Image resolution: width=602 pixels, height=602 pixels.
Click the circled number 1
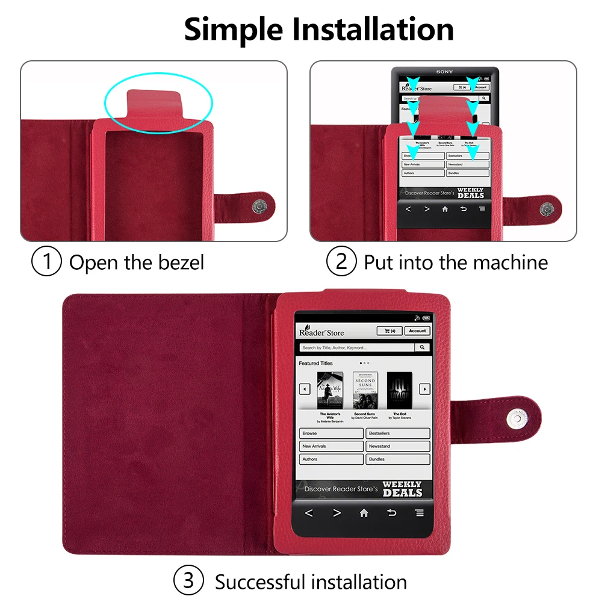click(x=46, y=262)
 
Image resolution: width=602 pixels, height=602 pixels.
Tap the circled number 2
click(x=341, y=262)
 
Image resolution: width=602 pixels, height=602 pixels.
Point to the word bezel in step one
click(x=181, y=262)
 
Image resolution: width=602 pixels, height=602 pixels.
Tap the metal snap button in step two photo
click(x=547, y=208)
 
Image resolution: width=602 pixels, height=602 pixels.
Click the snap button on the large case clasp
click(x=515, y=417)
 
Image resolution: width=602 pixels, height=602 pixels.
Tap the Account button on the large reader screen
click(x=417, y=330)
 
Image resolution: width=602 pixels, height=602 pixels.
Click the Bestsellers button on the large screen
click(x=398, y=433)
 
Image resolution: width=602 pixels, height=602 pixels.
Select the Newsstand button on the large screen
click(x=398, y=446)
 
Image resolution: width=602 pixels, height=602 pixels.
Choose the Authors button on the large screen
click(x=330, y=459)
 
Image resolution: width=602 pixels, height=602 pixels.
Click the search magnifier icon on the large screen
click(x=423, y=347)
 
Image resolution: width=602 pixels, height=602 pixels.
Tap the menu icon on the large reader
click(x=419, y=513)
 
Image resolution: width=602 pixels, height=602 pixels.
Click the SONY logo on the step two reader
click(x=444, y=72)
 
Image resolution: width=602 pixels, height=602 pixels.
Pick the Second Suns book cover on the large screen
click(x=365, y=391)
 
